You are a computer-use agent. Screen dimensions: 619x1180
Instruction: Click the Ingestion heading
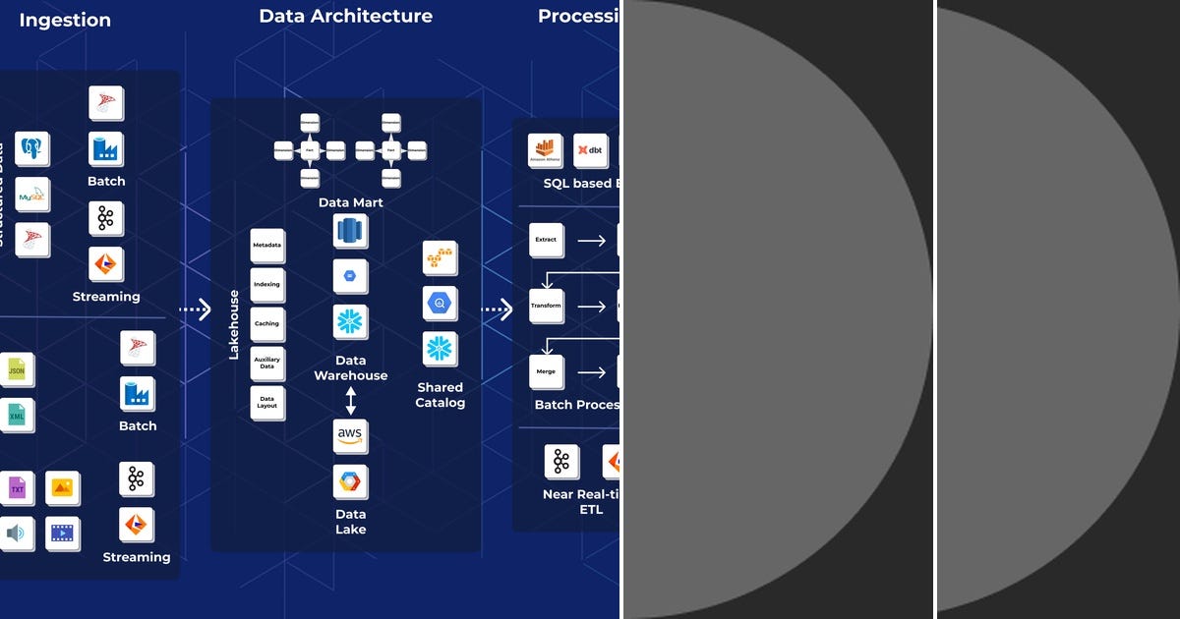point(65,20)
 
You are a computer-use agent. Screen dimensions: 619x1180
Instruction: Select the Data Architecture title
point(345,16)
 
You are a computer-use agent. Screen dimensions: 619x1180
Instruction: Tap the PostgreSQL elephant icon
point(32,149)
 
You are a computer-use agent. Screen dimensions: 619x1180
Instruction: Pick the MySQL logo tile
point(32,196)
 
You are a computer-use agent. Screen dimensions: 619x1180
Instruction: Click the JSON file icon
point(17,369)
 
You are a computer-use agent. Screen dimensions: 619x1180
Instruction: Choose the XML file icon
point(17,416)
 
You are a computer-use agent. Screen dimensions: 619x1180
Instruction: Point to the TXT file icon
point(17,487)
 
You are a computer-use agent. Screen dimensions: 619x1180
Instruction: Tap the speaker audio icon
point(16,534)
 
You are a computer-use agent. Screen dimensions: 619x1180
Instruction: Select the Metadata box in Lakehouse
point(267,245)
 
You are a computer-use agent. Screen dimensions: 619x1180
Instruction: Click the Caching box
point(267,323)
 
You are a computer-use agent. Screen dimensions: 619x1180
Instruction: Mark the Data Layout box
point(267,403)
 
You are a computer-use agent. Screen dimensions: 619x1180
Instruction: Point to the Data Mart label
point(350,202)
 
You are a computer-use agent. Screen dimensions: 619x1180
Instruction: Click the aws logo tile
point(350,435)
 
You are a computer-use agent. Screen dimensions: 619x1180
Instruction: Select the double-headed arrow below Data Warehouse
point(350,401)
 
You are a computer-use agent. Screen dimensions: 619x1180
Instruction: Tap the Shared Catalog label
point(440,395)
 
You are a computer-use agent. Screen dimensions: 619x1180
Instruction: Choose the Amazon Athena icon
point(545,150)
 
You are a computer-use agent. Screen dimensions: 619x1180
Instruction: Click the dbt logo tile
point(590,150)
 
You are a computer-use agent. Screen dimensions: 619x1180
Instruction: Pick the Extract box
point(546,240)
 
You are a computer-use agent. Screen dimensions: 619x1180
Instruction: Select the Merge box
point(546,372)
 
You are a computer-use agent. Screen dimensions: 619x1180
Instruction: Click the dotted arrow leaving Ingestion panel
point(196,309)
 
